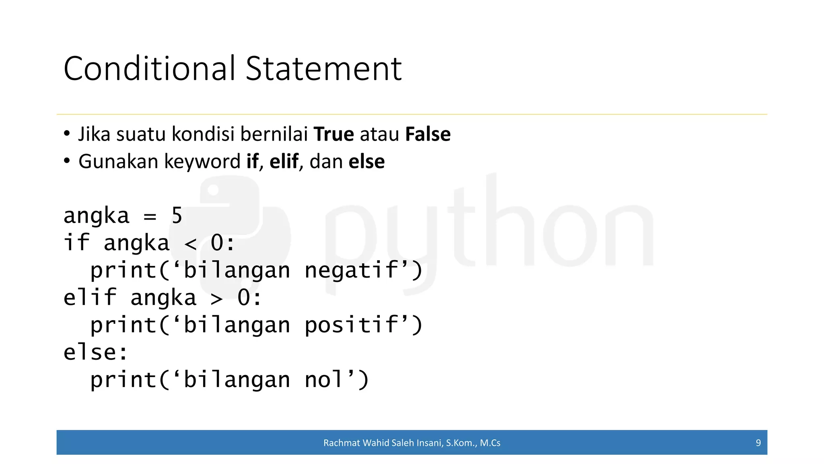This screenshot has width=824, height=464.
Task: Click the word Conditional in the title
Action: pyautogui.click(x=149, y=68)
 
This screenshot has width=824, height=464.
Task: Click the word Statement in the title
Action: pyautogui.click(x=323, y=68)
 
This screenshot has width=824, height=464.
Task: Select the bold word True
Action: pyautogui.click(x=334, y=134)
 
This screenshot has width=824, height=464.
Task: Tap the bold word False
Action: pyautogui.click(x=428, y=134)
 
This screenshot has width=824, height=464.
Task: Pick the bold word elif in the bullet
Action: pyautogui.click(x=284, y=162)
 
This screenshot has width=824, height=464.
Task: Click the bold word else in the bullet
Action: pyautogui.click(x=367, y=162)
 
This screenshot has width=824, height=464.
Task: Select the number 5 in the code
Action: pyautogui.click(x=177, y=215)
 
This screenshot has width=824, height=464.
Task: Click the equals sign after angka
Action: pyautogui.click(x=150, y=217)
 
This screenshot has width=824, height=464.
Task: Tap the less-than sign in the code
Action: pyautogui.click(x=190, y=244)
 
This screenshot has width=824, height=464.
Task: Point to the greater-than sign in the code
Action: pyautogui.click(x=217, y=299)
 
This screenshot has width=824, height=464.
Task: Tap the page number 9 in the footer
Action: pyautogui.click(x=758, y=443)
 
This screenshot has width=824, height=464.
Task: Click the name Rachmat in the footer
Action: pyautogui.click(x=341, y=443)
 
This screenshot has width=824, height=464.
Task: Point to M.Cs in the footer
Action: pyautogui.click(x=490, y=443)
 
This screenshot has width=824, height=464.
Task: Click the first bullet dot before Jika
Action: pyautogui.click(x=67, y=133)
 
